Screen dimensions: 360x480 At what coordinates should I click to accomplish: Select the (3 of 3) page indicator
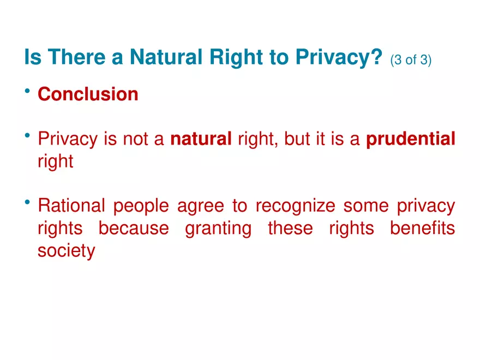click(x=411, y=59)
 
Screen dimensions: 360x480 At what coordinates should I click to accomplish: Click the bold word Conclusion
click(x=88, y=94)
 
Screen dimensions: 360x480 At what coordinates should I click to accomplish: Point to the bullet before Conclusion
click(x=27, y=92)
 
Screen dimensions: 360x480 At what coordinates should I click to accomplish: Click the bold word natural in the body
click(x=201, y=140)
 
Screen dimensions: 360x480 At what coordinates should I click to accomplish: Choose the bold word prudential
click(x=410, y=140)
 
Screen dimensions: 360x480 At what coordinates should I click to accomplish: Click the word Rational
click(x=71, y=206)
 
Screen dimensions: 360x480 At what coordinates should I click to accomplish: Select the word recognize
click(x=295, y=206)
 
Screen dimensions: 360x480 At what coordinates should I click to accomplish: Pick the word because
click(x=134, y=228)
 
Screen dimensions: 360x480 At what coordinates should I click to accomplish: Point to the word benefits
click(x=422, y=228)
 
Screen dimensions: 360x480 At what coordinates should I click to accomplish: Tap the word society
click(x=66, y=251)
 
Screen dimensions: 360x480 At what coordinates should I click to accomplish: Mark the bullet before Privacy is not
click(x=27, y=137)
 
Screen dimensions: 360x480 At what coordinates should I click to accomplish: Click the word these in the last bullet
click(x=290, y=228)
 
